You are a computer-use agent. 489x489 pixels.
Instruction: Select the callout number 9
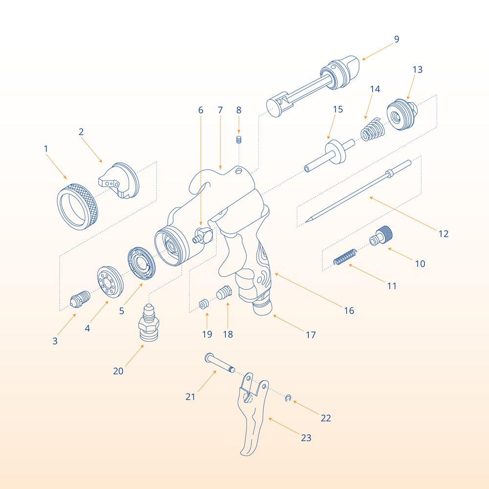click(396, 39)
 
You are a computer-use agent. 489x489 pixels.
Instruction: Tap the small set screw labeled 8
click(239, 140)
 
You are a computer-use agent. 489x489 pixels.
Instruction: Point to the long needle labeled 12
click(357, 193)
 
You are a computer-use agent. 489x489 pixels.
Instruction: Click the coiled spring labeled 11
click(345, 257)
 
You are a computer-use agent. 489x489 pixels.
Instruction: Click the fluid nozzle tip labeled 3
click(80, 298)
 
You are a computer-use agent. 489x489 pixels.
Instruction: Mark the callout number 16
click(348, 311)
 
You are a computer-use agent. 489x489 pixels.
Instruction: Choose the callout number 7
click(220, 111)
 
